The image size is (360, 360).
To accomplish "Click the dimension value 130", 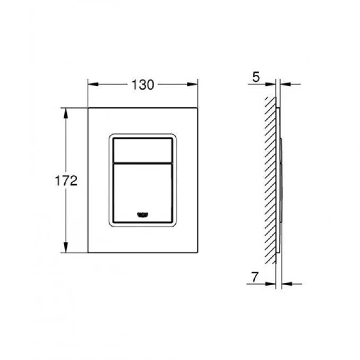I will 142,84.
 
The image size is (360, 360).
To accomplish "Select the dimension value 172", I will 66,180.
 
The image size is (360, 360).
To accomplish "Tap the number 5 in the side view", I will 255,78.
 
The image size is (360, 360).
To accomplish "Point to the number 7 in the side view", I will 255,276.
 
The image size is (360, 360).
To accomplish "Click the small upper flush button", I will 142,149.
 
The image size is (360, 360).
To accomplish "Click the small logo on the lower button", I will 142,214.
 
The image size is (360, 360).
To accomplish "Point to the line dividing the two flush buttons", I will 142,161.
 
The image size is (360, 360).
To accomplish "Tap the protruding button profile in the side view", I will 280,181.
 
